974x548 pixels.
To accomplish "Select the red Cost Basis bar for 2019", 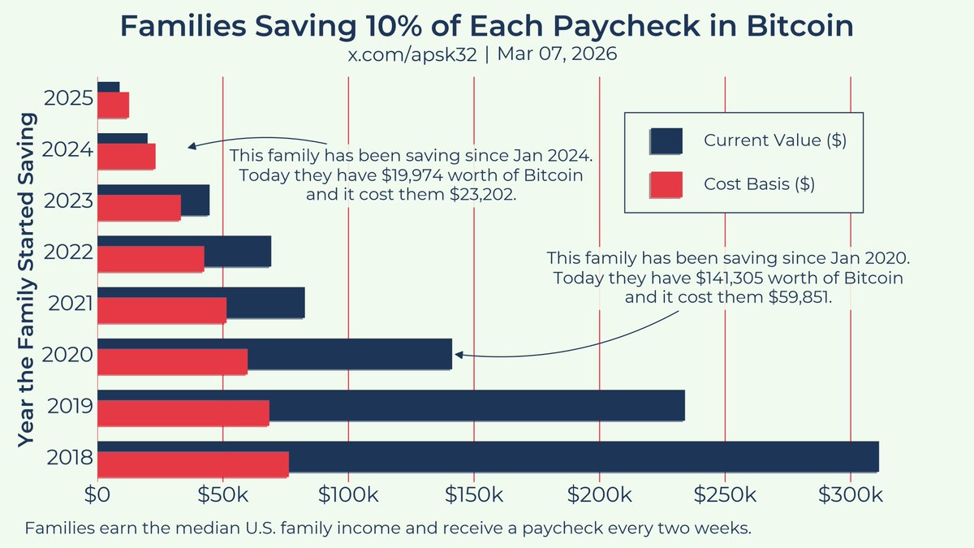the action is coord(183,412).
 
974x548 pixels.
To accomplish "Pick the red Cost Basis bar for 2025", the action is coord(113,105).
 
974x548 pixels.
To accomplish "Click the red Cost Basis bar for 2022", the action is coord(151,259).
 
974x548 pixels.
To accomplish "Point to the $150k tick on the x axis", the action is coord(474,495).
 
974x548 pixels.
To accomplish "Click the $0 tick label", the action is coord(97,495).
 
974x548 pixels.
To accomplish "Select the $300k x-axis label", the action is coord(851,495).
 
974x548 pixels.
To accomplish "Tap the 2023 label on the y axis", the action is coord(69,201).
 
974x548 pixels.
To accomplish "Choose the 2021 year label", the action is coord(71,304).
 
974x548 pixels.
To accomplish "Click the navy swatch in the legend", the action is coord(666,141).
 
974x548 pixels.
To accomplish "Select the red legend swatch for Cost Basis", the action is coord(666,184).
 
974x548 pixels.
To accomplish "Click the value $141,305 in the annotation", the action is coord(730,278).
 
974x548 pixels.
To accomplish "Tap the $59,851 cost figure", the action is coord(798,297).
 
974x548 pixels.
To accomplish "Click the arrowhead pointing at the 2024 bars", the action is coord(192,146).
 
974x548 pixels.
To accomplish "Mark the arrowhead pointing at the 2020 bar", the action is coord(459,355).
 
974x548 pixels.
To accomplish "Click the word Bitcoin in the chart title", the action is coord(800,26).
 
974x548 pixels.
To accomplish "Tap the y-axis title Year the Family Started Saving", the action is coord(26,279).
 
